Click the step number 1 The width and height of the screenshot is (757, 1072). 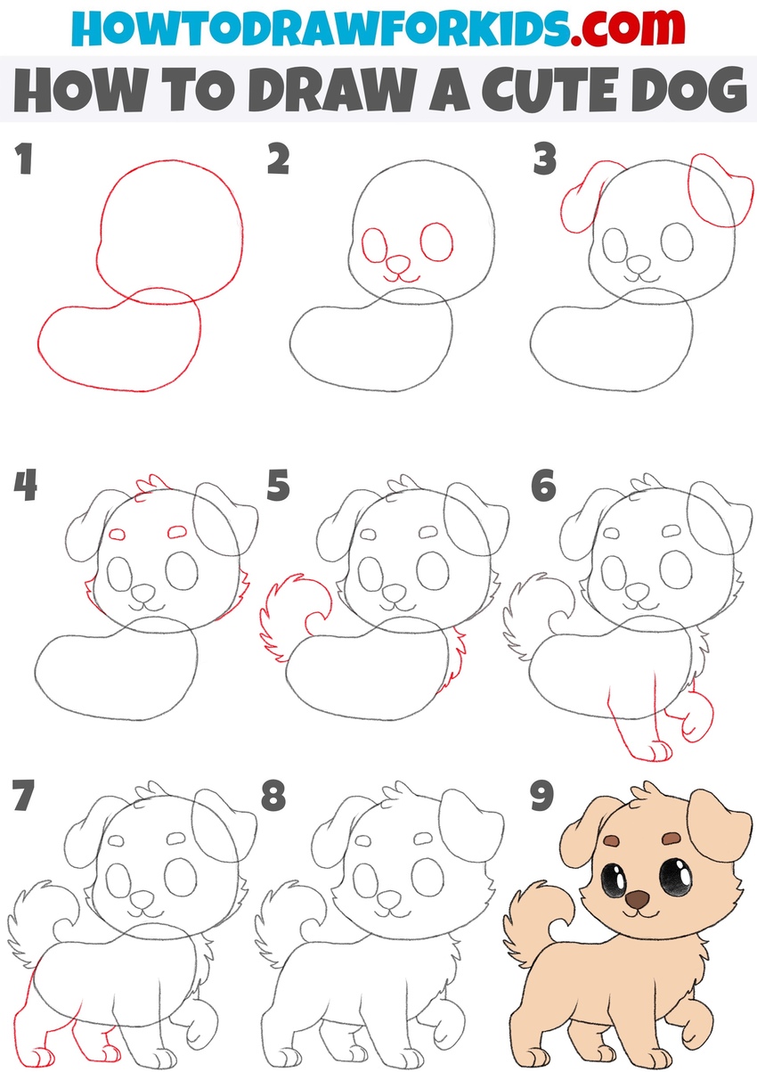pos(23,162)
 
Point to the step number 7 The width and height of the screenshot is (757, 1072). pos(24,797)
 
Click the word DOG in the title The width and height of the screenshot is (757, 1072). pos(686,92)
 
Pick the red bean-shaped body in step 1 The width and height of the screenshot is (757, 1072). pos(116,343)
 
